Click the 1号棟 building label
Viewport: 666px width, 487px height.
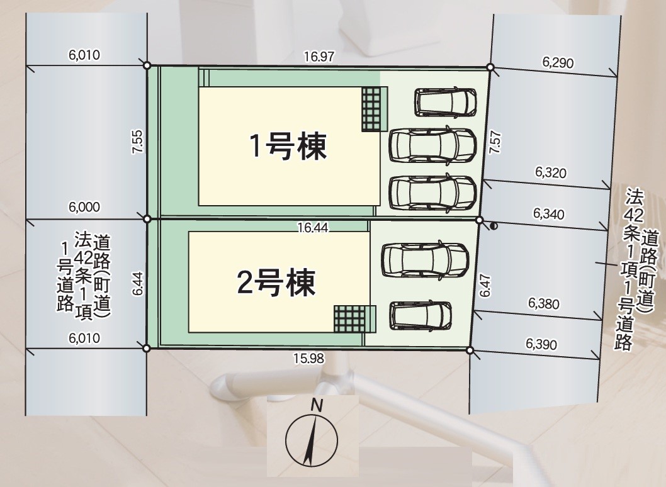coord(288,147)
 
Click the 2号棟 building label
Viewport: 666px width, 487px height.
coord(276,283)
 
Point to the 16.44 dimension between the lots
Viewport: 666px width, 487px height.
coord(313,228)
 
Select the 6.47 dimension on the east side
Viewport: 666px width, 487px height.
coord(485,285)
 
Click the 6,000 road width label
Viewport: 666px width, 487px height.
coord(84,208)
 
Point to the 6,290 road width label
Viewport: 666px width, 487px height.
coord(558,62)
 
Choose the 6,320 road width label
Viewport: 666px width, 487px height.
coord(551,172)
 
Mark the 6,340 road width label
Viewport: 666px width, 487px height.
coord(548,213)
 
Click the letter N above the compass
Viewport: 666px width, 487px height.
coord(317,406)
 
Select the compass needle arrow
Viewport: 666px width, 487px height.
coord(310,440)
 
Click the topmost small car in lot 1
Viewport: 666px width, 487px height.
coord(446,102)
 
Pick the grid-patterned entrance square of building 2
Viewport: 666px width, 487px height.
coord(349,318)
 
